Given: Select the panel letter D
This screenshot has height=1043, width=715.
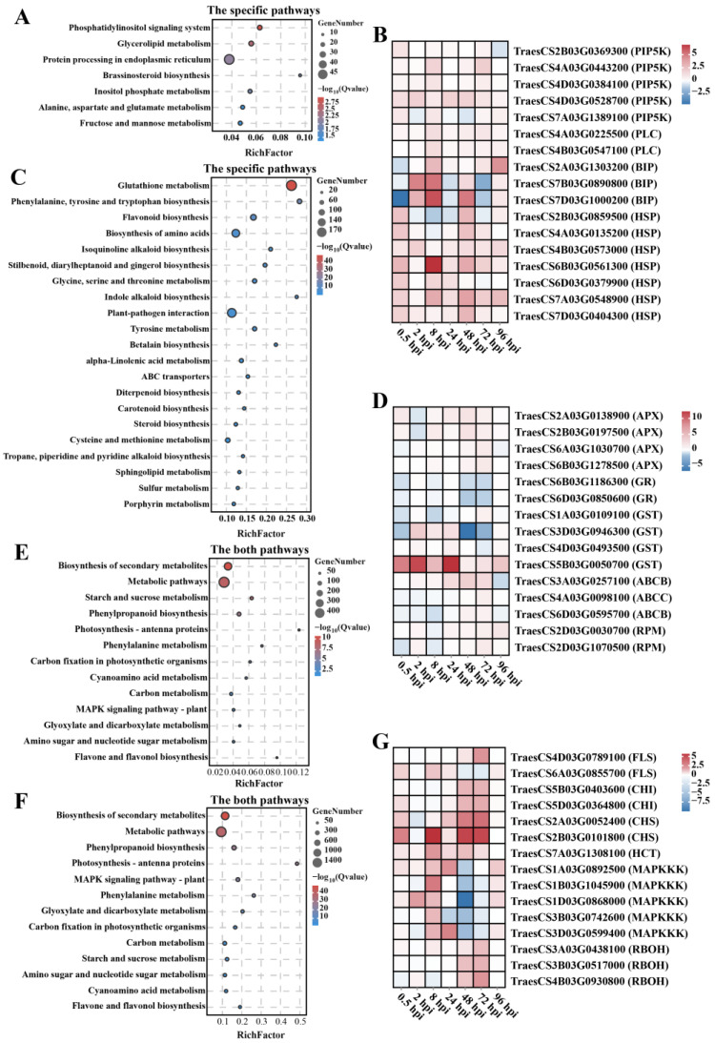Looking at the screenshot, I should click(x=382, y=388).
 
